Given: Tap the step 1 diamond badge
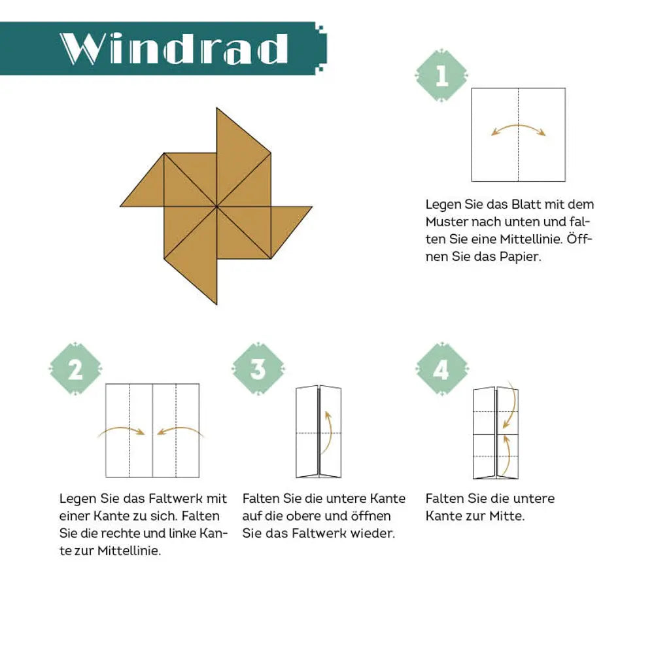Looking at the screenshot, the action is pos(441,75).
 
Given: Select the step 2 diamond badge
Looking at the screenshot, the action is pos(75,369).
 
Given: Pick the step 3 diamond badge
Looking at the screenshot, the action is pos(258,369).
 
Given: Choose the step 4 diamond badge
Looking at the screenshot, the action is pos(441,369).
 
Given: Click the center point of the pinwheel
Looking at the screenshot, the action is pos(217,206).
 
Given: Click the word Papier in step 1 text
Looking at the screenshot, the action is pos(521,256).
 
